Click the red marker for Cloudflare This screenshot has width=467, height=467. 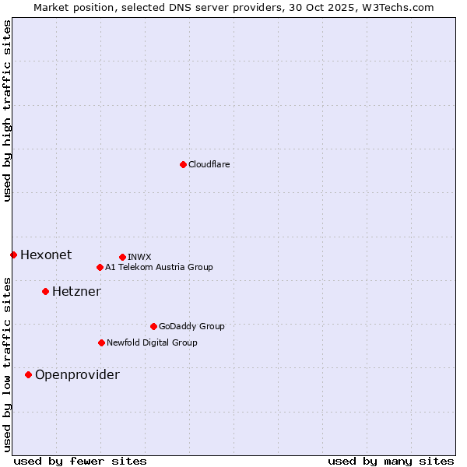click(183, 164)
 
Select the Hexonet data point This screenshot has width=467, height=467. click(13, 255)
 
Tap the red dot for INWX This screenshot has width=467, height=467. click(122, 257)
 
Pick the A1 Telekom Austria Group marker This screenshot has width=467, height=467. click(100, 267)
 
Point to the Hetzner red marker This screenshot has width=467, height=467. click(45, 291)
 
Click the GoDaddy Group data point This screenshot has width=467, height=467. click(153, 326)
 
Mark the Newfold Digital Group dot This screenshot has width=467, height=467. click(101, 342)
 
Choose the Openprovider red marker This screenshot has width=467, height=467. click(28, 374)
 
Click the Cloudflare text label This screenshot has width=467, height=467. click(209, 164)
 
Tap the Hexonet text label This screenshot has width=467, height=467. click(46, 255)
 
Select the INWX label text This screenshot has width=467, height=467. click(139, 257)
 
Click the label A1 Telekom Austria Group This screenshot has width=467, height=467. click(159, 267)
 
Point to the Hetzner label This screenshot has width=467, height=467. click(76, 291)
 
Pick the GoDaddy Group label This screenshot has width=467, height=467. click(191, 326)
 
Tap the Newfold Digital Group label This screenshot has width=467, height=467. click(152, 342)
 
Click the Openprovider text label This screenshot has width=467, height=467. click(77, 374)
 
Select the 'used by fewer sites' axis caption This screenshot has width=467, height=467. click(80, 461)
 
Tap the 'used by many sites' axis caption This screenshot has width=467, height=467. click(391, 461)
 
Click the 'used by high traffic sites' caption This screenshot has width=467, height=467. click(7, 111)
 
